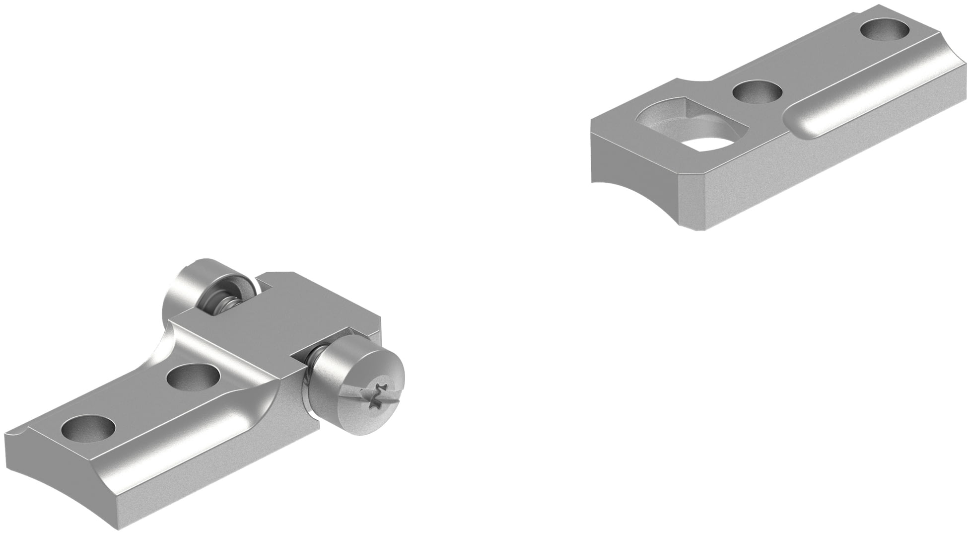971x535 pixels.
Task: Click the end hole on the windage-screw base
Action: pos(90,428)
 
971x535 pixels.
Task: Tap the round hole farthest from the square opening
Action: pos(886,30)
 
